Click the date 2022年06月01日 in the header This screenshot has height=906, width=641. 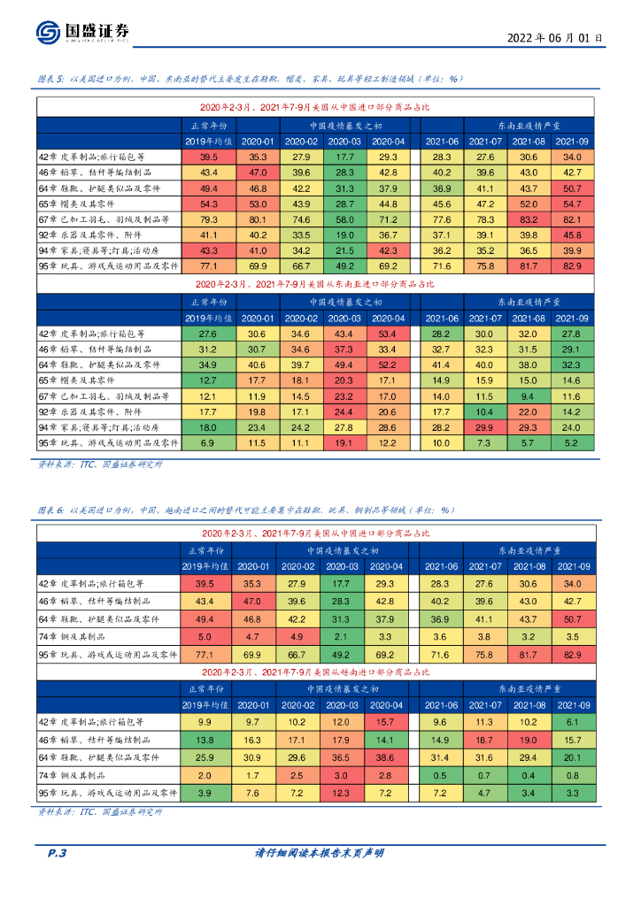555,38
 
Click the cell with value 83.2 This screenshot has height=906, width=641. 529,219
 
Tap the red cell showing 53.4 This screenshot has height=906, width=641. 388,334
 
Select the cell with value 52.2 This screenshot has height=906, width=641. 388,365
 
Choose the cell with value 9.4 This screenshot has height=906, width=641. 529,396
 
